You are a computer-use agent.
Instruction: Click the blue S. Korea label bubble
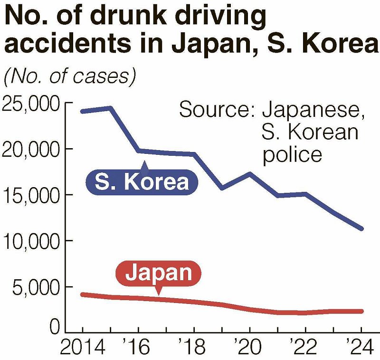pyautogui.click(x=142, y=182)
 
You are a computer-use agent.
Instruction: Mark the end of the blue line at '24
pyautogui.click(x=361, y=228)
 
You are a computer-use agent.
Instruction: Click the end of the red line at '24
pyautogui.click(x=361, y=311)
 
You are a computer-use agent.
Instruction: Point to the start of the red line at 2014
pyautogui.click(x=83, y=294)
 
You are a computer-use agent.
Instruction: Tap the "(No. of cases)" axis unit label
pyautogui.click(x=69, y=77)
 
